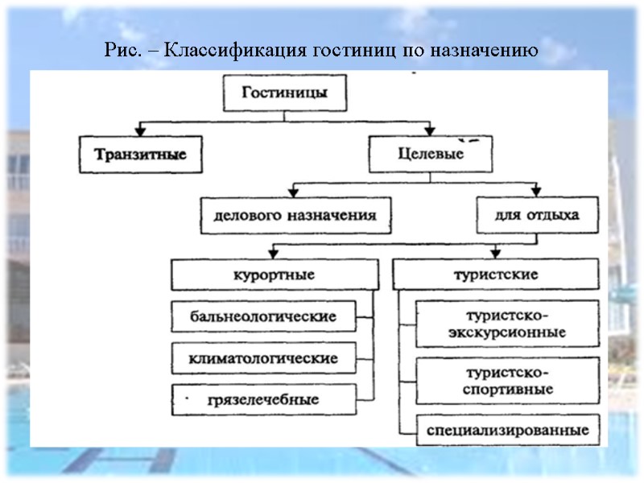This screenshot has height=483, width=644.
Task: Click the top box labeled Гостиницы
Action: [x=284, y=93]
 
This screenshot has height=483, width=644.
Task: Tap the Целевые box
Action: [x=431, y=154]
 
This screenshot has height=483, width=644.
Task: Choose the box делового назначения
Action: [x=295, y=216]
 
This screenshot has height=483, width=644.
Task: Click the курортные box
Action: [x=275, y=275]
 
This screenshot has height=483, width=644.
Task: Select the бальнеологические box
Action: [x=264, y=316]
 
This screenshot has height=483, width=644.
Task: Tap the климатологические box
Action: [x=264, y=357]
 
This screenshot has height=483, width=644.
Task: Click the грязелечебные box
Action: [x=264, y=398]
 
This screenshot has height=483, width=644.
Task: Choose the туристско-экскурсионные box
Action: [x=508, y=323]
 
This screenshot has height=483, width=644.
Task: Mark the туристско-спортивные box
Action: [x=508, y=381]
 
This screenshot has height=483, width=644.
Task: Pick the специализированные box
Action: [x=508, y=430]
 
